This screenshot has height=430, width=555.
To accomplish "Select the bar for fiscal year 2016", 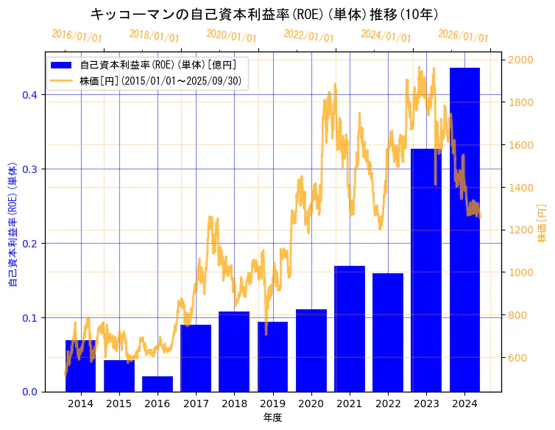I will click(x=158, y=384).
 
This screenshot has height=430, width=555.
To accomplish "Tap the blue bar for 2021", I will click(x=350, y=328).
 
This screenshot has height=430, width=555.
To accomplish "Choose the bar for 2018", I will click(x=234, y=351).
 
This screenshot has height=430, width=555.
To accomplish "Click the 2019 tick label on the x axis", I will click(x=272, y=403).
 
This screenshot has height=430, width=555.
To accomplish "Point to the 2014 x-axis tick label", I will click(x=80, y=403).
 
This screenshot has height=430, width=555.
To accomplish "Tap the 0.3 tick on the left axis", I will click(x=29, y=169).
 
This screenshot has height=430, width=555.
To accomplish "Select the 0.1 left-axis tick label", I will click(x=29, y=318).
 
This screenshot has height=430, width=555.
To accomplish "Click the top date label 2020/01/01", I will click(x=231, y=35).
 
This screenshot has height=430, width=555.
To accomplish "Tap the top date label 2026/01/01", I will click(x=463, y=35).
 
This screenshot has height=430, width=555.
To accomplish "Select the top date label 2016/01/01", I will click(x=77, y=35).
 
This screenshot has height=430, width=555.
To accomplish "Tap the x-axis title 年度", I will click(x=272, y=417).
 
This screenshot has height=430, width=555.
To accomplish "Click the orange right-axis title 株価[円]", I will click(x=542, y=224).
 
